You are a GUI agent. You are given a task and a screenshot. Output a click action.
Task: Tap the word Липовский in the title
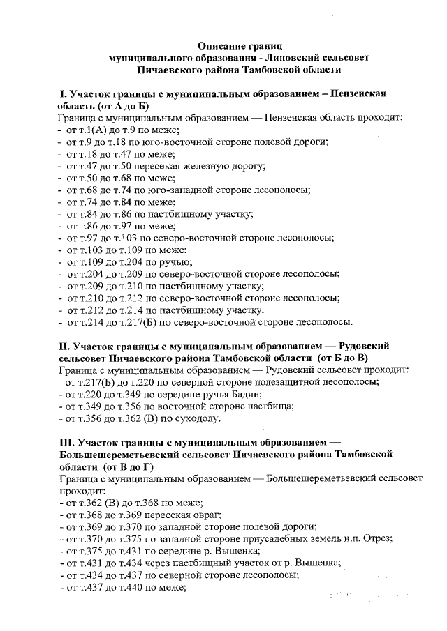pyautogui.click(x=281, y=58)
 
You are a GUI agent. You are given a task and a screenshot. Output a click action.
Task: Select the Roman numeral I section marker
pyautogui.click(x=61, y=93)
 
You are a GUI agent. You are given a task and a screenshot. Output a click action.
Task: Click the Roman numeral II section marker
pyautogui.click(x=65, y=346)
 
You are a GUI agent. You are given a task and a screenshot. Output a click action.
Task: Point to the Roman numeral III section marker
pyautogui.click(x=67, y=443)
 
